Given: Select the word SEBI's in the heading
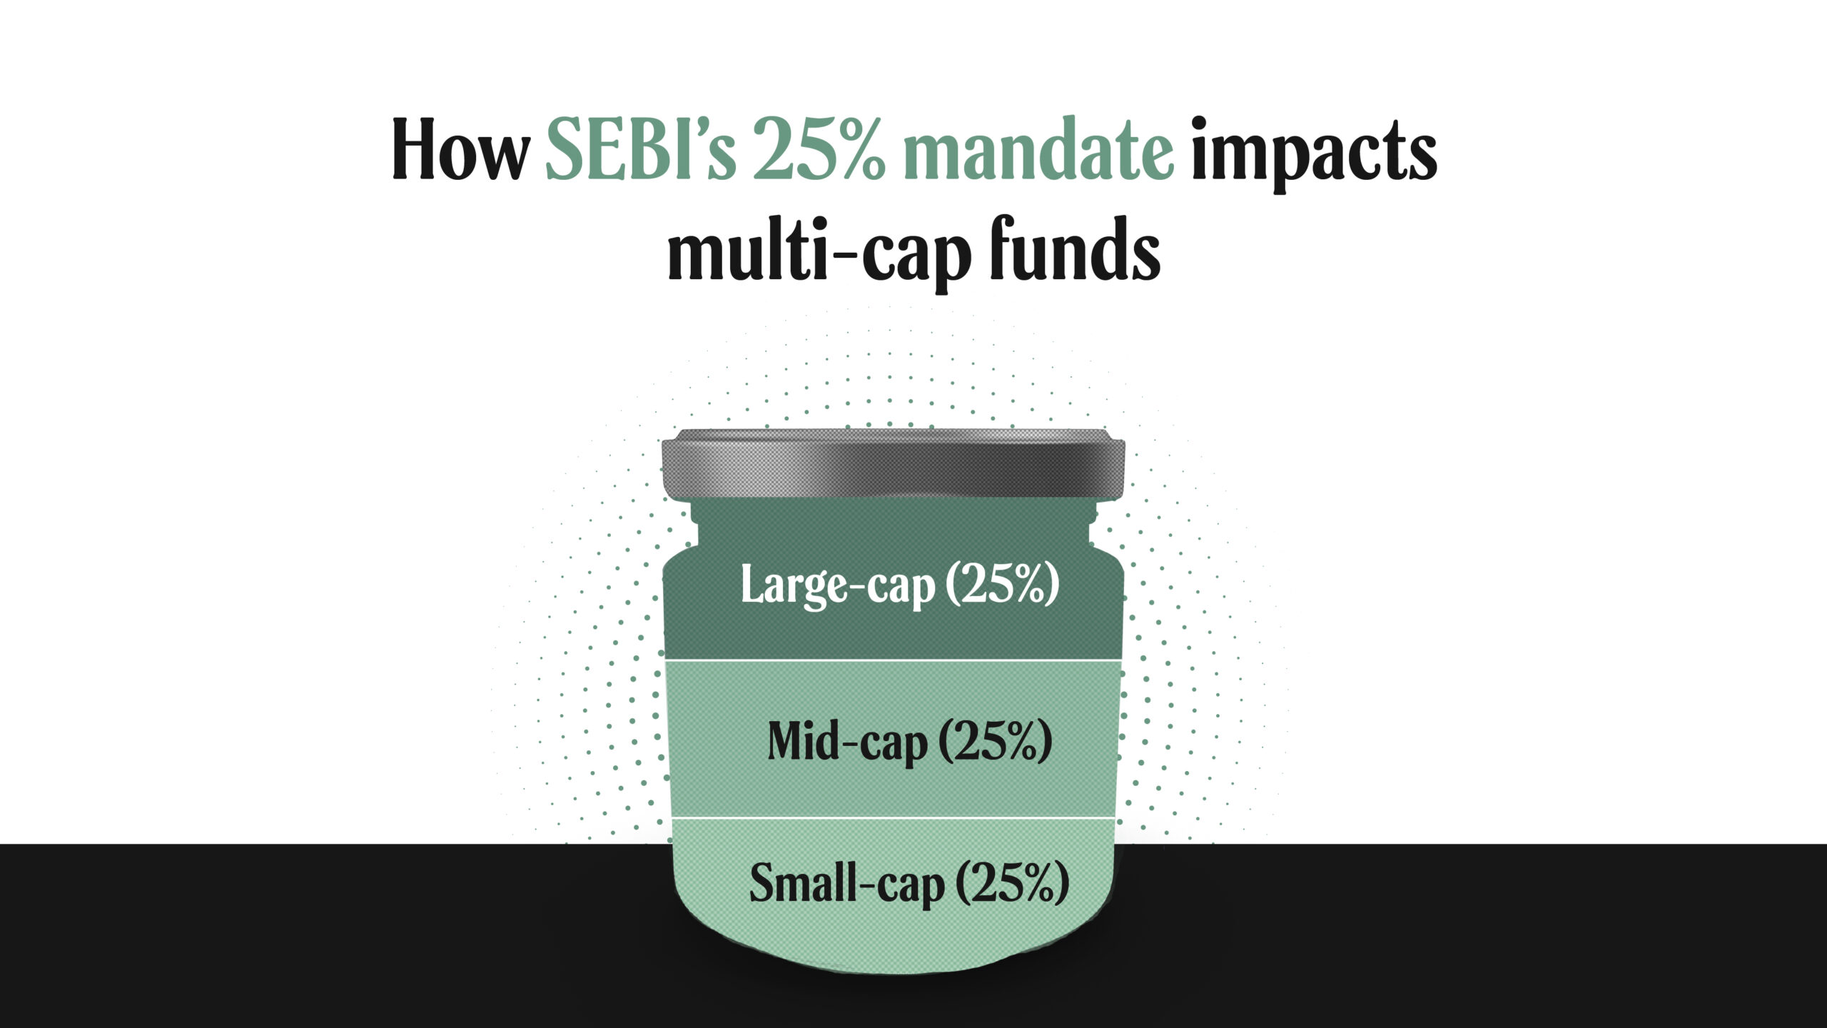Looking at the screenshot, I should pos(640,151).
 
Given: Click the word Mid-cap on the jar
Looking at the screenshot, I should pos(847,742).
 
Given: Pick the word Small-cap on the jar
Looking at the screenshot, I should pos(847,884).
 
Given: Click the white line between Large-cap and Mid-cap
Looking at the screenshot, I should pos(892,661).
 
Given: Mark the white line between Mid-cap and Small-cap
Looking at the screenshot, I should pos(892,818).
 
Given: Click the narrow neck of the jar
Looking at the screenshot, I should pos(893,525).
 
